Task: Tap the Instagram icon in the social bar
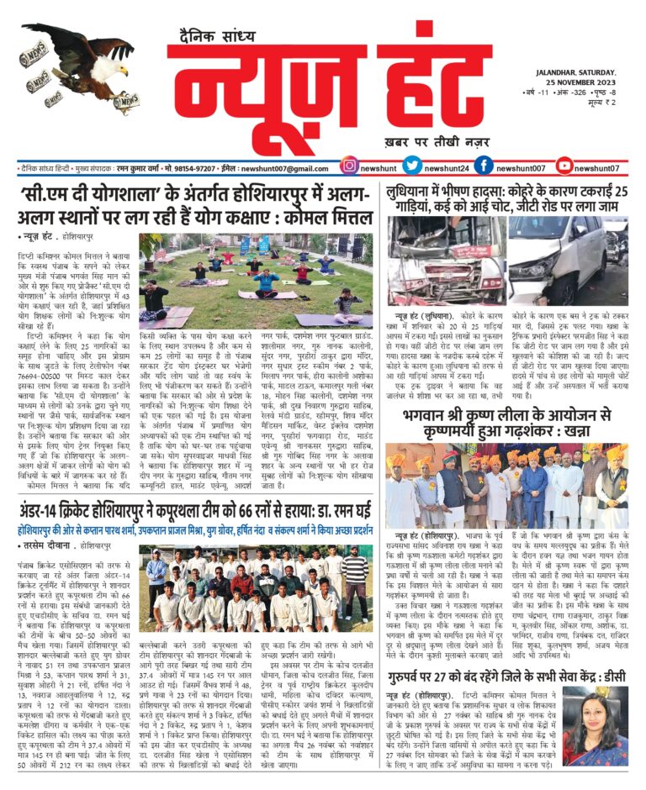point(350,166)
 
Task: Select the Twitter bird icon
point(411,166)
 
